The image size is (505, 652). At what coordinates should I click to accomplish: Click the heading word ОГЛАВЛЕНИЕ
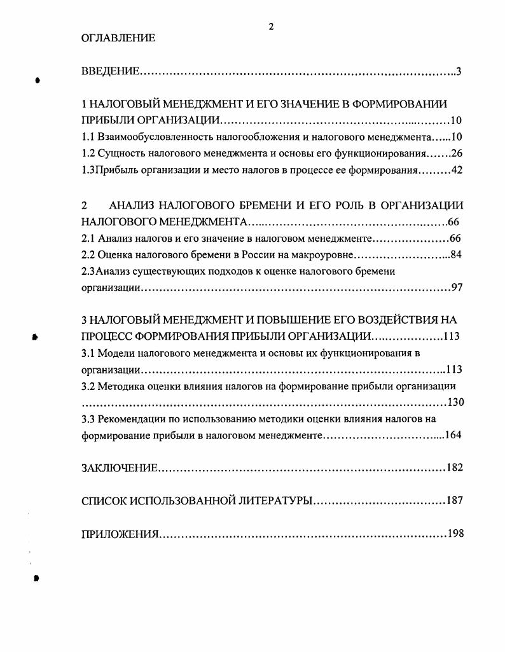pos(118,38)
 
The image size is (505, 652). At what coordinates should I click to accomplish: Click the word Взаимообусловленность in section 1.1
pos(152,137)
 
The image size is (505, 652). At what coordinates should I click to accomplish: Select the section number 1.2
pos(88,154)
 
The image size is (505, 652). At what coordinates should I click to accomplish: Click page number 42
pos(457,170)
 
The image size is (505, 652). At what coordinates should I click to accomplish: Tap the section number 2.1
pos(88,239)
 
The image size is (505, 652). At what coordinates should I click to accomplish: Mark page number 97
pos(457,288)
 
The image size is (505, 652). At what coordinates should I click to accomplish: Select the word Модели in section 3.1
pos(116,352)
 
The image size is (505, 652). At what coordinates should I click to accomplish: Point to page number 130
pos(456,403)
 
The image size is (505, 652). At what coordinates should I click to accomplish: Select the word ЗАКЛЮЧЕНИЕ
pos(120,468)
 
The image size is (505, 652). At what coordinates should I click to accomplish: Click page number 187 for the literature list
pos(454,501)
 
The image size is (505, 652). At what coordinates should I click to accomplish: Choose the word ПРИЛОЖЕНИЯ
pos(120,534)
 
